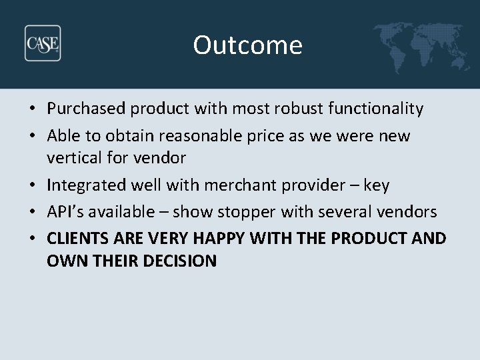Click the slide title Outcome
point(247,45)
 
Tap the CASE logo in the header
point(43,43)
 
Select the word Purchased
point(89,109)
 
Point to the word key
point(377,185)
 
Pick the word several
point(352,212)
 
